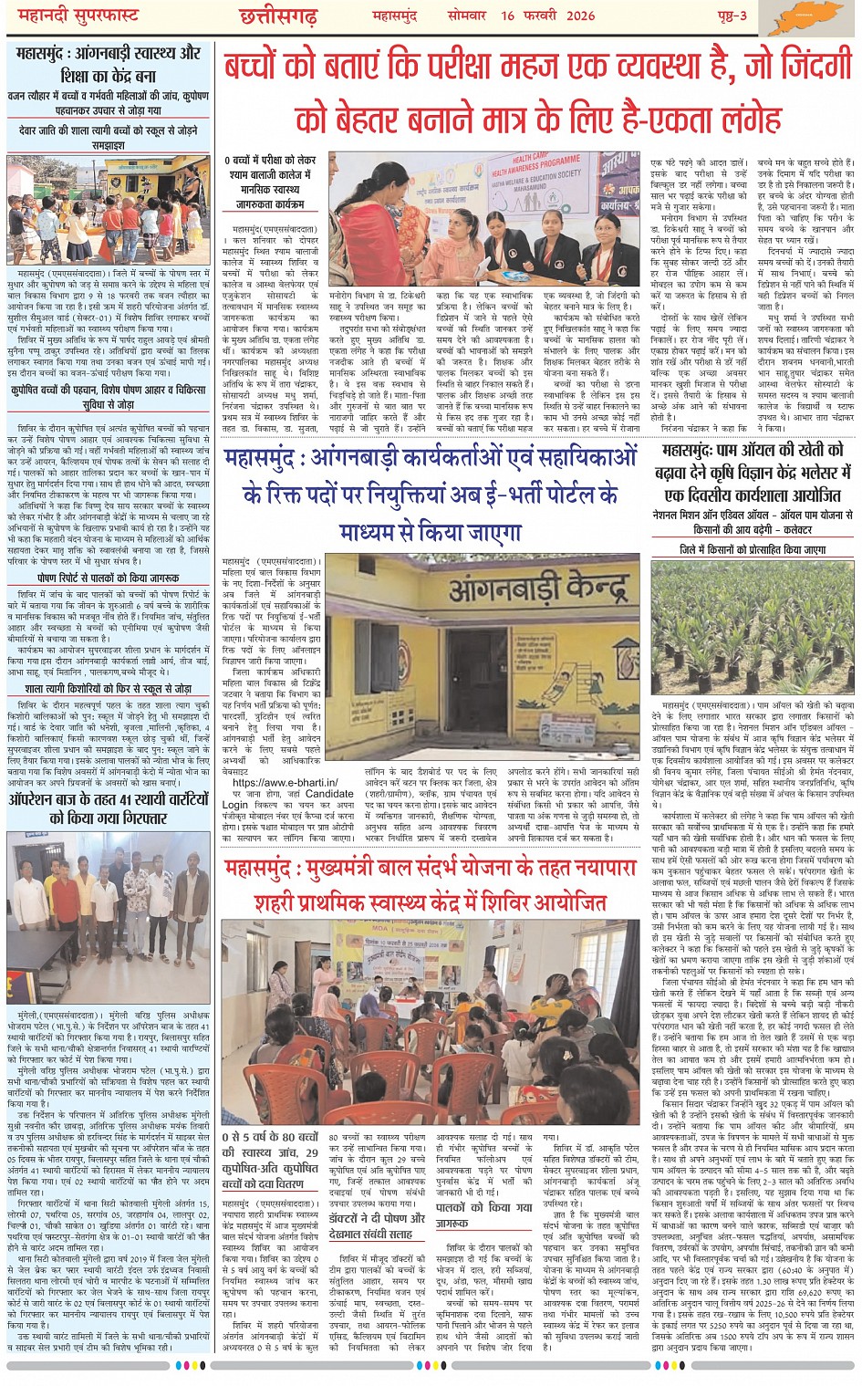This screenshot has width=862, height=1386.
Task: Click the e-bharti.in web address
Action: coord(286,782)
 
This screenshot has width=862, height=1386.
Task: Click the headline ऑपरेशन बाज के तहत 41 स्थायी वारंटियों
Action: coord(109,808)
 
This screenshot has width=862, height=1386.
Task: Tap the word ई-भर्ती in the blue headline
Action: coord(553,494)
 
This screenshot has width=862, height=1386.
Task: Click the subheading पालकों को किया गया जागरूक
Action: coord(483,1214)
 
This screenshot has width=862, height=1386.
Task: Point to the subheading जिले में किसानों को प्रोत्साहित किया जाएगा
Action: coord(753,550)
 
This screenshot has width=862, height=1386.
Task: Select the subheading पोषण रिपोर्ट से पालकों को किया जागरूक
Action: coord(109,578)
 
